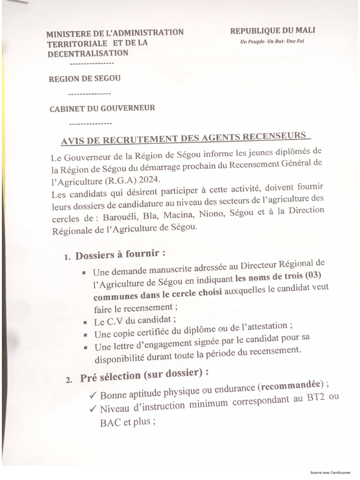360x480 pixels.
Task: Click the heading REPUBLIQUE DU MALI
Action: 272,30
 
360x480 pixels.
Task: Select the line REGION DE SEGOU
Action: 85,79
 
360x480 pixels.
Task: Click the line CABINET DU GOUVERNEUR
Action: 102,108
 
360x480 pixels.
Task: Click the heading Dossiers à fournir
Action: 120,255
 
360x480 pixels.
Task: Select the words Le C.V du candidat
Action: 135,321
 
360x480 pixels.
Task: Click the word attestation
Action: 267,326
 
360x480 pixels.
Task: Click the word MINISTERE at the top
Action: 69,34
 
